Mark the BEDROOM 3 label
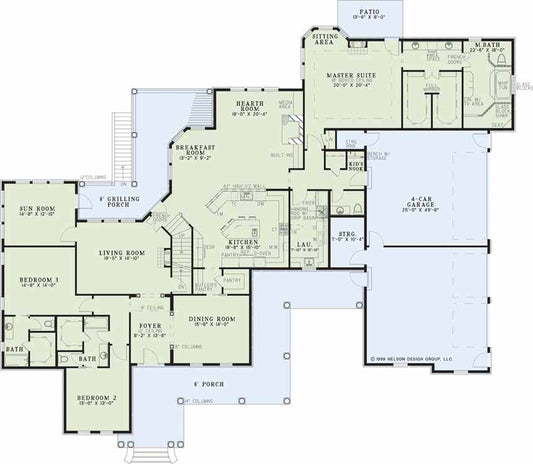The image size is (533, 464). [x=36, y=279]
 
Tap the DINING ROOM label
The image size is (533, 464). [x=207, y=320]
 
